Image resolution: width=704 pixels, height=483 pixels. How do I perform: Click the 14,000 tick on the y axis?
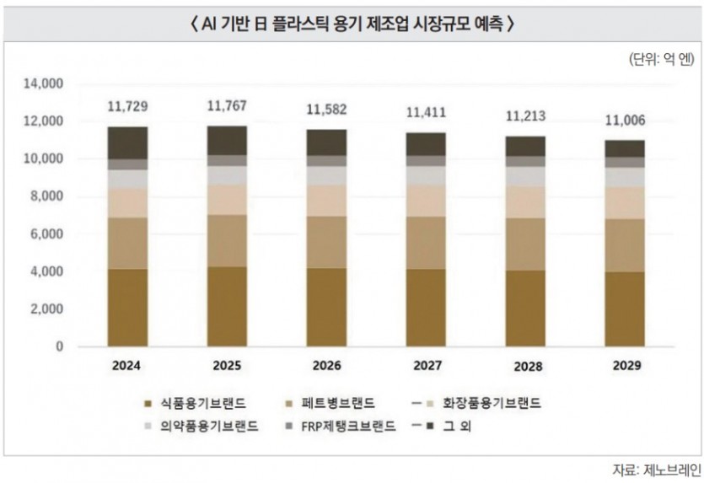point(45,84)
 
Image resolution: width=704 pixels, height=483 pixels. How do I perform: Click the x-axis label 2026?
point(327,367)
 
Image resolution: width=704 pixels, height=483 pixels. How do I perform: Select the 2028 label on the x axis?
point(528,368)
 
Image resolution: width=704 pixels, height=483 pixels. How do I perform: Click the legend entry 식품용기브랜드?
point(192,404)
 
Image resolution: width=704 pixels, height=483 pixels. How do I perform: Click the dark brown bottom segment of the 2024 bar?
point(128,308)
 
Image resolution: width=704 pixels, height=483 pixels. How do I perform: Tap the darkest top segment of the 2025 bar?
point(227,140)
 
